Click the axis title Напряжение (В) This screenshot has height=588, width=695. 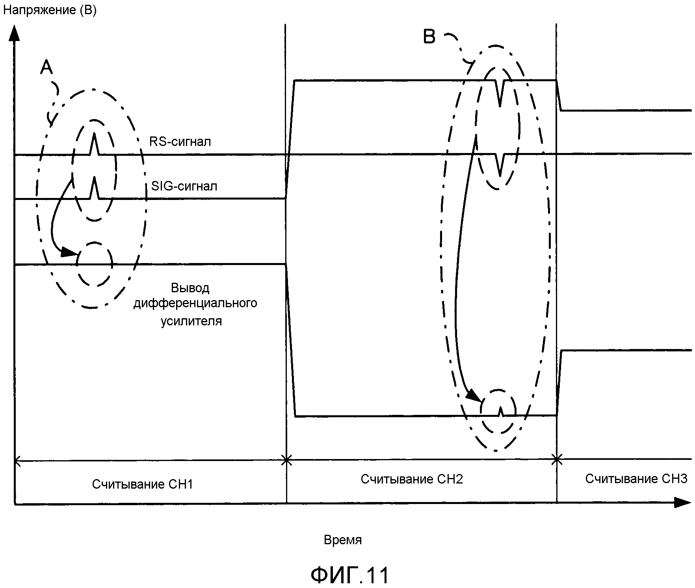(x=50, y=10)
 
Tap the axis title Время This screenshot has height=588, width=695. (x=342, y=539)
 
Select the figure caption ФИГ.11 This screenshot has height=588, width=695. (x=350, y=575)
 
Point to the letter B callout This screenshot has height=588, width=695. (x=429, y=37)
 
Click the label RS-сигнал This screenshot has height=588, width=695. (x=180, y=141)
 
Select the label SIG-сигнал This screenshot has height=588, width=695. (x=184, y=186)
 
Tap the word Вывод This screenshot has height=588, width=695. (x=190, y=288)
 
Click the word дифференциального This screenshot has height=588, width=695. (x=195, y=303)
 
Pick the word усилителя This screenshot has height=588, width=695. (x=191, y=321)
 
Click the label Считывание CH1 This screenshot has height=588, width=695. (x=143, y=484)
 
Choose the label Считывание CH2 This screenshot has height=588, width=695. (x=412, y=479)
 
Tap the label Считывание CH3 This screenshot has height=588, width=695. (x=636, y=478)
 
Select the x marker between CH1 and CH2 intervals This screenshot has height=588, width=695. (x=287, y=460)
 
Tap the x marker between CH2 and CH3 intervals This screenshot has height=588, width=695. (x=557, y=459)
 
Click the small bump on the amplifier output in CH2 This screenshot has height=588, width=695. (x=500, y=412)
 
